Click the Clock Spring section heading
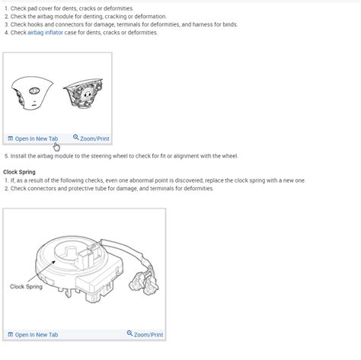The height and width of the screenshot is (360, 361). click(x=20, y=172)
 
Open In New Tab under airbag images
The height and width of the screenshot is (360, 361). click(x=36, y=139)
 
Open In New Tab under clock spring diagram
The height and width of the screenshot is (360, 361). click(x=36, y=335)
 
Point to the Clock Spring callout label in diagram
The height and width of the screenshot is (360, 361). click(x=26, y=287)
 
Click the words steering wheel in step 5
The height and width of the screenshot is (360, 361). click(x=113, y=156)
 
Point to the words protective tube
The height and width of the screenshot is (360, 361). click(x=92, y=188)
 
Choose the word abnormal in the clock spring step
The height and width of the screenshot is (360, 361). click(x=161, y=180)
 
